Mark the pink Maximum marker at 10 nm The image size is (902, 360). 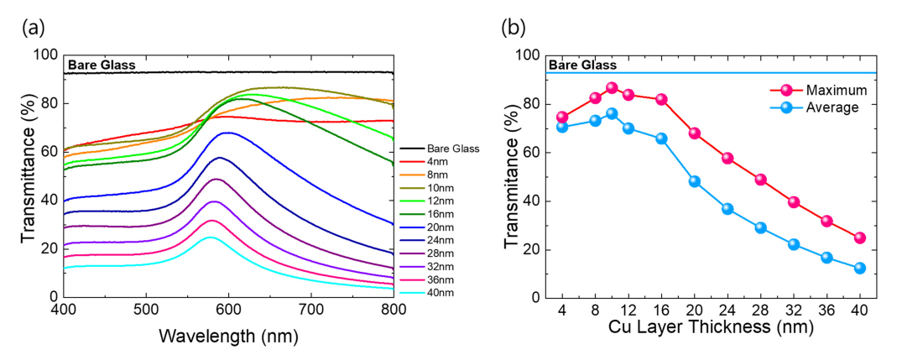pos(612,88)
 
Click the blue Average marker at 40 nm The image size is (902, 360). pos(859,269)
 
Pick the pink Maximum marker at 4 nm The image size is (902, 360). pos(562,117)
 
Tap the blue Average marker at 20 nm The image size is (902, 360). pos(694,181)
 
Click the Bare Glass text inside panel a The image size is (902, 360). pos(102,65)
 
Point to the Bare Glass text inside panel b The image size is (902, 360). pos(582,65)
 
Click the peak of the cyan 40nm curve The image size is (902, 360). pos(211,237)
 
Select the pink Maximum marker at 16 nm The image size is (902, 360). pos(661,99)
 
